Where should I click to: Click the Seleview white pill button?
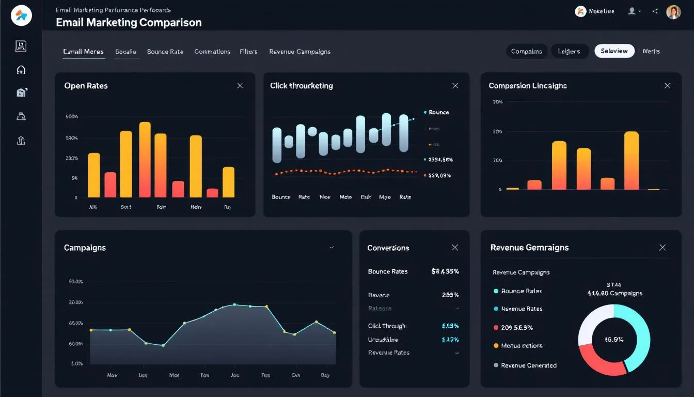614,51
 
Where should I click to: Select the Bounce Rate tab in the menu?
165,52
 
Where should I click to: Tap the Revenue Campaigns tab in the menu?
299,52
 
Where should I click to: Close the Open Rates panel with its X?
240,86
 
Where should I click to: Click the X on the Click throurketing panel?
455,86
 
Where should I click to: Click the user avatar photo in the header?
673,12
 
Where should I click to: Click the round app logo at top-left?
21,15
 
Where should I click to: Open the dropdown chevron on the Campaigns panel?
332,248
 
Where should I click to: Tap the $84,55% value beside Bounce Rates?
445,271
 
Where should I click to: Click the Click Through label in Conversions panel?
387,326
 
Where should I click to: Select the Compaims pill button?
526,51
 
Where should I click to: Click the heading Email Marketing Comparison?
129,22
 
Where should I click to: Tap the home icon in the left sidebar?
21,70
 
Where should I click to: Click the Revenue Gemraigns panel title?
529,248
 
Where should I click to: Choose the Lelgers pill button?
569,51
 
